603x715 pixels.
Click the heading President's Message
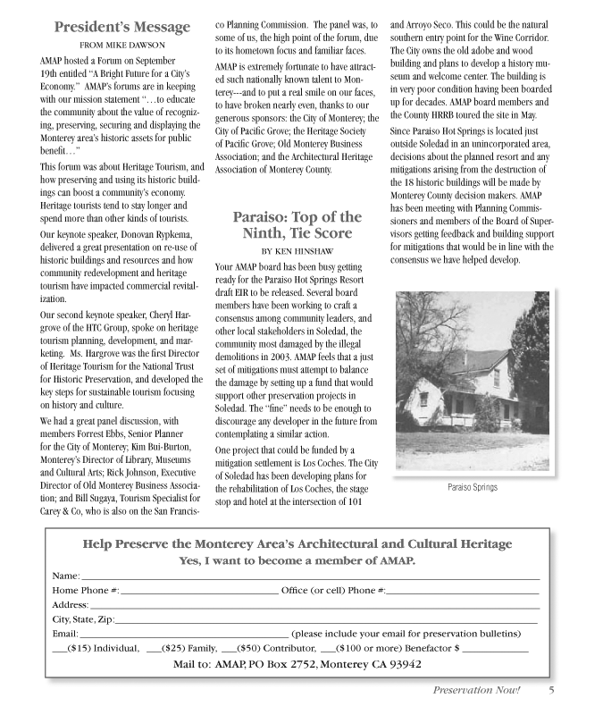pos(122,28)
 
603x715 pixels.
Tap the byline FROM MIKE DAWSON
pos(122,45)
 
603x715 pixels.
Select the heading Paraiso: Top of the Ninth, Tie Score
pos(297,225)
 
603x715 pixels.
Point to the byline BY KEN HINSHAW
pos(297,250)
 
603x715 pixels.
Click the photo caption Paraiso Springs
pos(473,488)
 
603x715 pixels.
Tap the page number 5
pos(552,690)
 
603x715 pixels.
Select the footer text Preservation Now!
pos(476,690)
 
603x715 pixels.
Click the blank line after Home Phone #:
pos(199,592)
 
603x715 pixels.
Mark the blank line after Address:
pos(314,606)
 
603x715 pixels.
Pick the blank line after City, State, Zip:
pos(327,620)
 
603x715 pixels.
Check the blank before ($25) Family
pos(153,650)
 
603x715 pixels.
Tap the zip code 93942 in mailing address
pos(401,665)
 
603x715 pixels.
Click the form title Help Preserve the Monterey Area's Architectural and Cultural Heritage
pos(297,544)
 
